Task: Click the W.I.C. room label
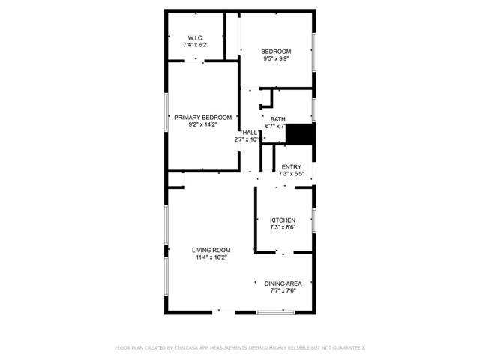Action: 195,37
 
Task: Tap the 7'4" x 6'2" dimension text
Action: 195,46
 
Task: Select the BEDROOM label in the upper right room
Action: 276,51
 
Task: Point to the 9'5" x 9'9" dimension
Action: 276,59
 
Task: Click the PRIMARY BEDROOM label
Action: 202,118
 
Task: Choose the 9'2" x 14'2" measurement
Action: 202,126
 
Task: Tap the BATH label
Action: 278,119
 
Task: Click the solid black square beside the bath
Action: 301,134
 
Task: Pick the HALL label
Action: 249,132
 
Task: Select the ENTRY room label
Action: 291,167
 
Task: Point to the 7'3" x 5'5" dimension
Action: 291,175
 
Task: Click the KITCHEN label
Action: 283,220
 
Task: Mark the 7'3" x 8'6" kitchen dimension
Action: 283,228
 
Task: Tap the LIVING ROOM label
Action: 211,250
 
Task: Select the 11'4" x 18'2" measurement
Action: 211,258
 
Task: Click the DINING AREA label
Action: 283,283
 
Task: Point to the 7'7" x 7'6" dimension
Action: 283,291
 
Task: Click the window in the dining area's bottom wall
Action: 275,310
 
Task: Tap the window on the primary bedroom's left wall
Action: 166,118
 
